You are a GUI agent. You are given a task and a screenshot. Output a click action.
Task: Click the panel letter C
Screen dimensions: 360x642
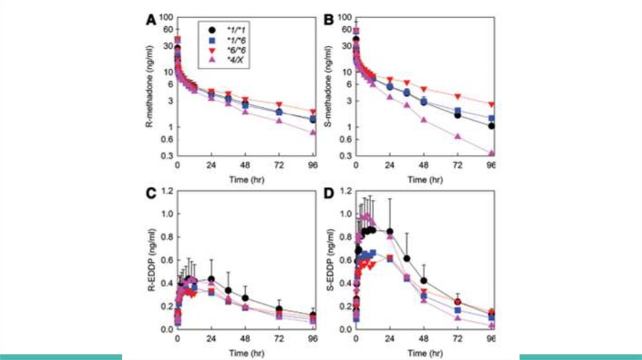(x=151, y=193)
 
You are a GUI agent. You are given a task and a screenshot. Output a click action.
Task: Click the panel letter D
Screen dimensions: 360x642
(x=327, y=193)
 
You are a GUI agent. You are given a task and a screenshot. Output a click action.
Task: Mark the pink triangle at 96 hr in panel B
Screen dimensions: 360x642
(x=492, y=153)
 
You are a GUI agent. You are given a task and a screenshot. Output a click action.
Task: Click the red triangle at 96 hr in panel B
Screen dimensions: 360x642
(x=492, y=104)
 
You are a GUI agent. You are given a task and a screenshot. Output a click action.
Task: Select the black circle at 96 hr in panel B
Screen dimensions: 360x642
(x=492, y=126)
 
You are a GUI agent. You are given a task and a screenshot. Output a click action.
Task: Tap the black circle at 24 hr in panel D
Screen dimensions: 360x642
(x=390, y=231)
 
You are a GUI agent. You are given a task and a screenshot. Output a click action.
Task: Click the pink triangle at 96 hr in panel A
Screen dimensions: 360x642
(x=313, y=132)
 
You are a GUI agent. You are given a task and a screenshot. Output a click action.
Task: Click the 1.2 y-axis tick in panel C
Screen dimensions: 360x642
(x=167, y=190)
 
